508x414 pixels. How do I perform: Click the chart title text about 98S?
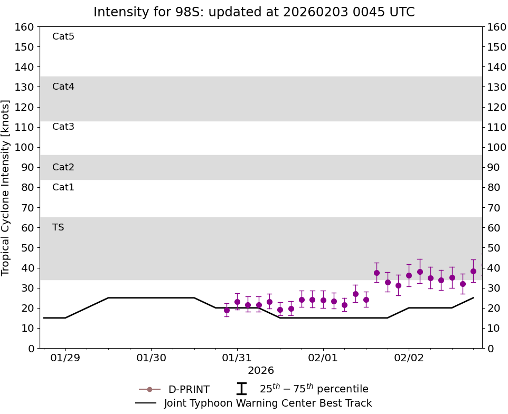254,12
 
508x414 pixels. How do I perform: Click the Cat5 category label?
63,36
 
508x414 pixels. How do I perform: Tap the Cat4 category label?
63,86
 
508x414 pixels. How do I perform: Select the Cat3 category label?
63,127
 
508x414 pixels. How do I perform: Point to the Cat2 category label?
63,167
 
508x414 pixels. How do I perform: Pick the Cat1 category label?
63,187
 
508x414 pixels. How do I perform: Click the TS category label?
58,227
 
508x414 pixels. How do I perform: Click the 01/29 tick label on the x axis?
65,358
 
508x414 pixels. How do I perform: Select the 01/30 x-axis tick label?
151,358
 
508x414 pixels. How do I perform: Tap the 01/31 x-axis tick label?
237,358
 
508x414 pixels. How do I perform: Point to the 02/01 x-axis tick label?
323,358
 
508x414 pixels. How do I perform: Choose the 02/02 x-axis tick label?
409,358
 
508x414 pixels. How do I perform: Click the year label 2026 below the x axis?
261,371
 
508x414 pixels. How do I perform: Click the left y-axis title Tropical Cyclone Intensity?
6,187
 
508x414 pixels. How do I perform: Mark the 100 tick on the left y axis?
25,147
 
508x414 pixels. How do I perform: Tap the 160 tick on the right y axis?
496,27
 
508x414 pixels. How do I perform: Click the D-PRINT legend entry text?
189,390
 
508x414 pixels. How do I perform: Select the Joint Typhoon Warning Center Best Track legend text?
268,403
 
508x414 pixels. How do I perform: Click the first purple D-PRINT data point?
227,310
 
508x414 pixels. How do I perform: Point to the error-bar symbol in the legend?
241,389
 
